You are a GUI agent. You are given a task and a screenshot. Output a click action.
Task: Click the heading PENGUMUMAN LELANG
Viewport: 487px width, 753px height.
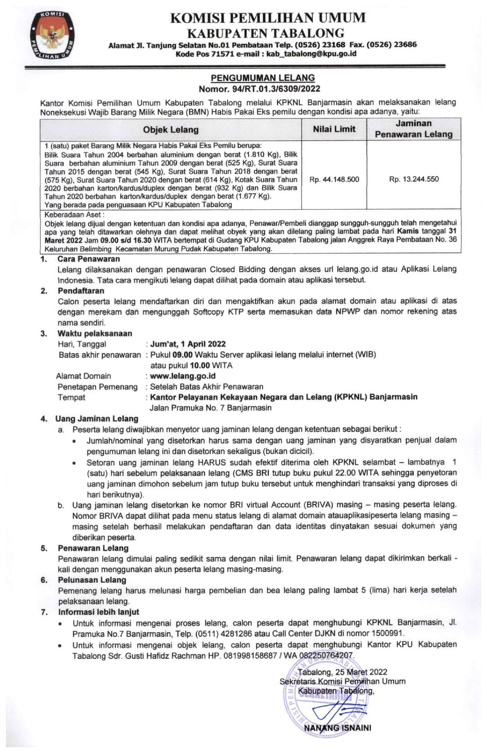click(262, 78)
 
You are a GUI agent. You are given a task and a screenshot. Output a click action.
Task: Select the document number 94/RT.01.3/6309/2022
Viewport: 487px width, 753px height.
click(276, 89)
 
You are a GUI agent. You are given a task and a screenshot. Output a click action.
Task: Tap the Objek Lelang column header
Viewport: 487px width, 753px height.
click(170, 130)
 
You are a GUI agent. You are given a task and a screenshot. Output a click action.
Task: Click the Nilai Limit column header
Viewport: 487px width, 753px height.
click(334, 129)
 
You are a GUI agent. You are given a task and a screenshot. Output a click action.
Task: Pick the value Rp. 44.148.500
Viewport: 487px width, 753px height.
click(334, 179)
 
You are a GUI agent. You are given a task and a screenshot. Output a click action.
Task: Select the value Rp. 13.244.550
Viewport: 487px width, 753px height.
click(414, 179)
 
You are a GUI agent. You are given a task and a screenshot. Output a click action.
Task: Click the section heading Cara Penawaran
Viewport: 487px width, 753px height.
click(89, 259)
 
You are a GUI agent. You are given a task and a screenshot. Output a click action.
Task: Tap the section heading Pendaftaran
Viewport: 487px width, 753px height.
click(81, 290)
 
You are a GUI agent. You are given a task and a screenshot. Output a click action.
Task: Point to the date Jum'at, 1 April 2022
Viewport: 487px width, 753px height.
click(188, 344)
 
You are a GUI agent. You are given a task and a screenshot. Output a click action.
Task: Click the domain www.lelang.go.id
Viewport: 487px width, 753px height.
click(182, 376)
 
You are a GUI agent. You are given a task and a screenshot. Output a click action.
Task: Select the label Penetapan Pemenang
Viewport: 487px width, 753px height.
click(97, 387)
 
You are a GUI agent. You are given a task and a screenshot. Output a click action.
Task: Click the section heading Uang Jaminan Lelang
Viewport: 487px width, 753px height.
click(97, 419)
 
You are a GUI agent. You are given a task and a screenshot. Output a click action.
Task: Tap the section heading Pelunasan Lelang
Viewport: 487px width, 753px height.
click(92, 580)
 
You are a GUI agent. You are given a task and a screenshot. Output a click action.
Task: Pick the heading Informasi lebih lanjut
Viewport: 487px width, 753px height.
click(99, 612)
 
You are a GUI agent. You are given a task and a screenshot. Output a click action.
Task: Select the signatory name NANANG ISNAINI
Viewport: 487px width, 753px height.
click(337, 728)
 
